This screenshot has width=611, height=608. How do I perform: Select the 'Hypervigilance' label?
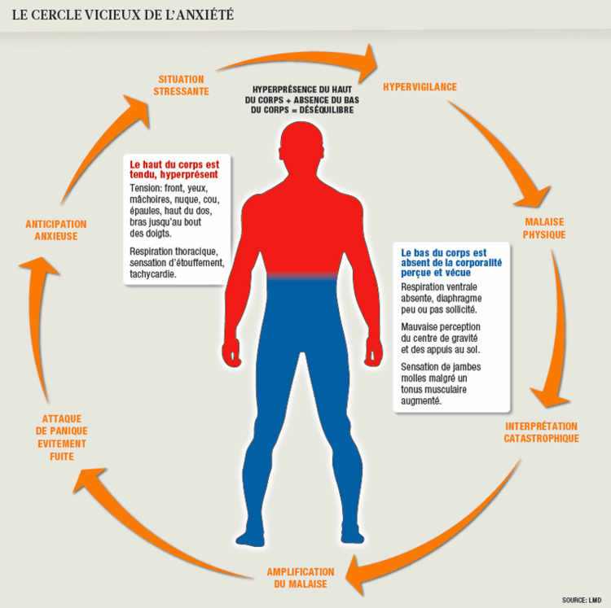pos(420,86)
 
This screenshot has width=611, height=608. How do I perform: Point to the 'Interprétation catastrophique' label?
pos(542,432)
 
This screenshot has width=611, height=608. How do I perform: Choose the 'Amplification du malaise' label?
pos(301,578)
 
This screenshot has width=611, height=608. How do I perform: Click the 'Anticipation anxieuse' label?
pos(56,230)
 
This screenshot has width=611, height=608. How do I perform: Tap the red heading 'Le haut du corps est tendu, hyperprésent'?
pos(174,168)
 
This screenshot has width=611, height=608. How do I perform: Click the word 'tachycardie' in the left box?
pos(152,273)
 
